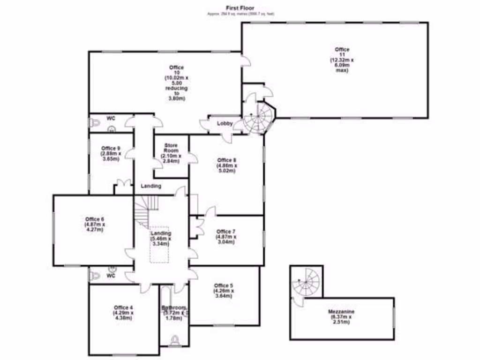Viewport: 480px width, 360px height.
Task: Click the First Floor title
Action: [240, 8]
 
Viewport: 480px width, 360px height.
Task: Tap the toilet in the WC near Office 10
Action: [95, 123]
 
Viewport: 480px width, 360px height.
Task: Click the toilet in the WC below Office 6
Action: [95, 276]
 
